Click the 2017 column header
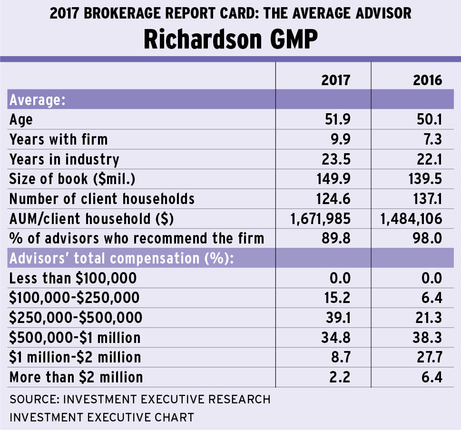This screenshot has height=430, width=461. [x=335, y=80]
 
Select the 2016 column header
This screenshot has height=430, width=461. [x=428, y=80]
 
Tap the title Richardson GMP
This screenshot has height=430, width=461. [x=230, y=40]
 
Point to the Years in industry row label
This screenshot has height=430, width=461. [x=64, y=159]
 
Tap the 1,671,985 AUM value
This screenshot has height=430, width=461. [x=321, y=218]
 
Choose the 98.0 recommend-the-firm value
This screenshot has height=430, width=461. [x=428, y=238]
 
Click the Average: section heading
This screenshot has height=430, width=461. [x=37, y=100]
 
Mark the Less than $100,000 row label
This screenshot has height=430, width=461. [x=73, y=278]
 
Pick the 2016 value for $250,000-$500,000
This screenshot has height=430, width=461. [x=428, y=317]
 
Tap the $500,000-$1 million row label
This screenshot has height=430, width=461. [x=75, y=338]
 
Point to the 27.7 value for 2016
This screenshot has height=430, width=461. [x=428, y=357]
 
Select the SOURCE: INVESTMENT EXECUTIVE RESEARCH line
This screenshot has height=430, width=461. [x=140, y=399]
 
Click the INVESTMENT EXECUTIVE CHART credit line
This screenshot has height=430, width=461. [x=101, y=417]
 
